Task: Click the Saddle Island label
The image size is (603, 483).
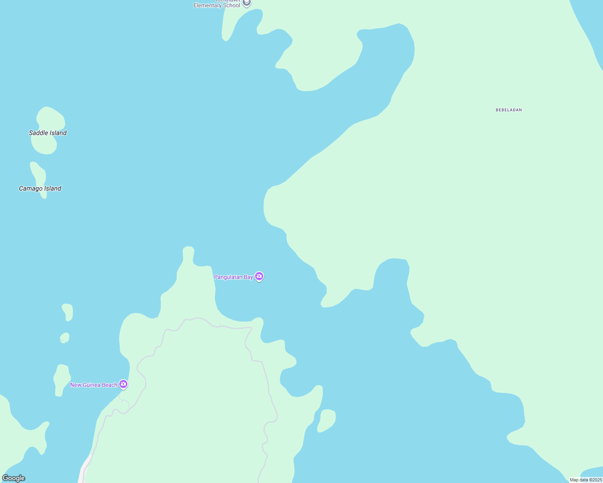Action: pyautogui.click(x=48, y=133)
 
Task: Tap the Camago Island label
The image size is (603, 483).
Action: pyautogui.click(x=40, y=188)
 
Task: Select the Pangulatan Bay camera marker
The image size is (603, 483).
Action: pyautogui.click(x=259, y=277)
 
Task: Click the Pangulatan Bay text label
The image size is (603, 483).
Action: pyautogui.click(x=233, y=277)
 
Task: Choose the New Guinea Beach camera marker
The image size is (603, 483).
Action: pyautogui.click(x=123, y=384)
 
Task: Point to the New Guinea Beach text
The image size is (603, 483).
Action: pyautogui.click(x=94, y=385)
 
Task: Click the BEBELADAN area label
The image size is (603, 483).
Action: pyautogui.click(x=509, y=110)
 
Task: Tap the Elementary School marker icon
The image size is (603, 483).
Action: pyautogui.click(x=247, y=3)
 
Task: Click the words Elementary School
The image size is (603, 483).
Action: pyautogui.click(x=217, y=6)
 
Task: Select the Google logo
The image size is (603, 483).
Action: pyautogui.click(x=14, y=478)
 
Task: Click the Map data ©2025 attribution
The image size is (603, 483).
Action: pyautogui.click(x=586, y=480)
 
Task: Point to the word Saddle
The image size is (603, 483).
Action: pyautogui.click(x=38, y=133)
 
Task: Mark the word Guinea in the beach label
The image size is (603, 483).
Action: pyautogui.click(x=91, y=385)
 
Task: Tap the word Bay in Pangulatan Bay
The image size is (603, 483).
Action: pyautogui.click(x=248, y=277)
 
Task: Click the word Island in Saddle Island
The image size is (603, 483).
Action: pyautogui.click(x=58, y=133)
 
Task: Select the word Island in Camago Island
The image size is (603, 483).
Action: pyautogui.click(x=52, y=188)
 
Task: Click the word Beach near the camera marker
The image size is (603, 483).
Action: pyautogui.click(x=109, y=385)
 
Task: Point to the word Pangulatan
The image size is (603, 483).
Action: pyautogui.click(x=228, y=277)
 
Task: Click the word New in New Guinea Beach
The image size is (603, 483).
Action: pyautogui.click(x=75, y=385)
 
